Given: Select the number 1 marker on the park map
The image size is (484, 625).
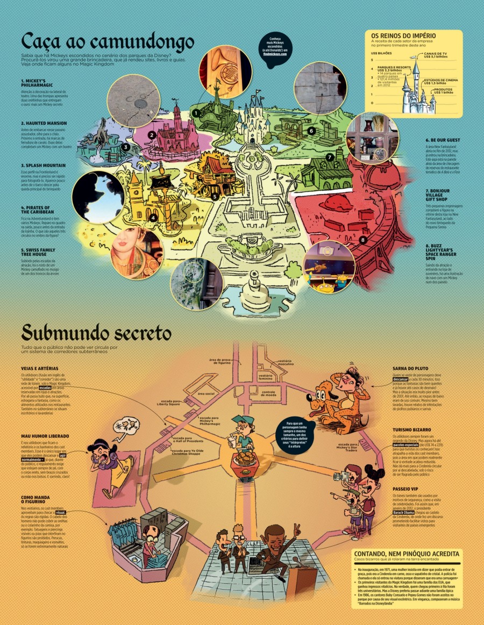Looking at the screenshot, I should click(x=197, y=113).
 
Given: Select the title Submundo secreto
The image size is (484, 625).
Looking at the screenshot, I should click(x=97, y=334).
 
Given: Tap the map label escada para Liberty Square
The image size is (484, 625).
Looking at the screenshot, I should click(x=168, y=401).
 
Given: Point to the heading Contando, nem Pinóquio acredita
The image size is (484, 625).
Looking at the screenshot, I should click(x=406, y=554).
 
